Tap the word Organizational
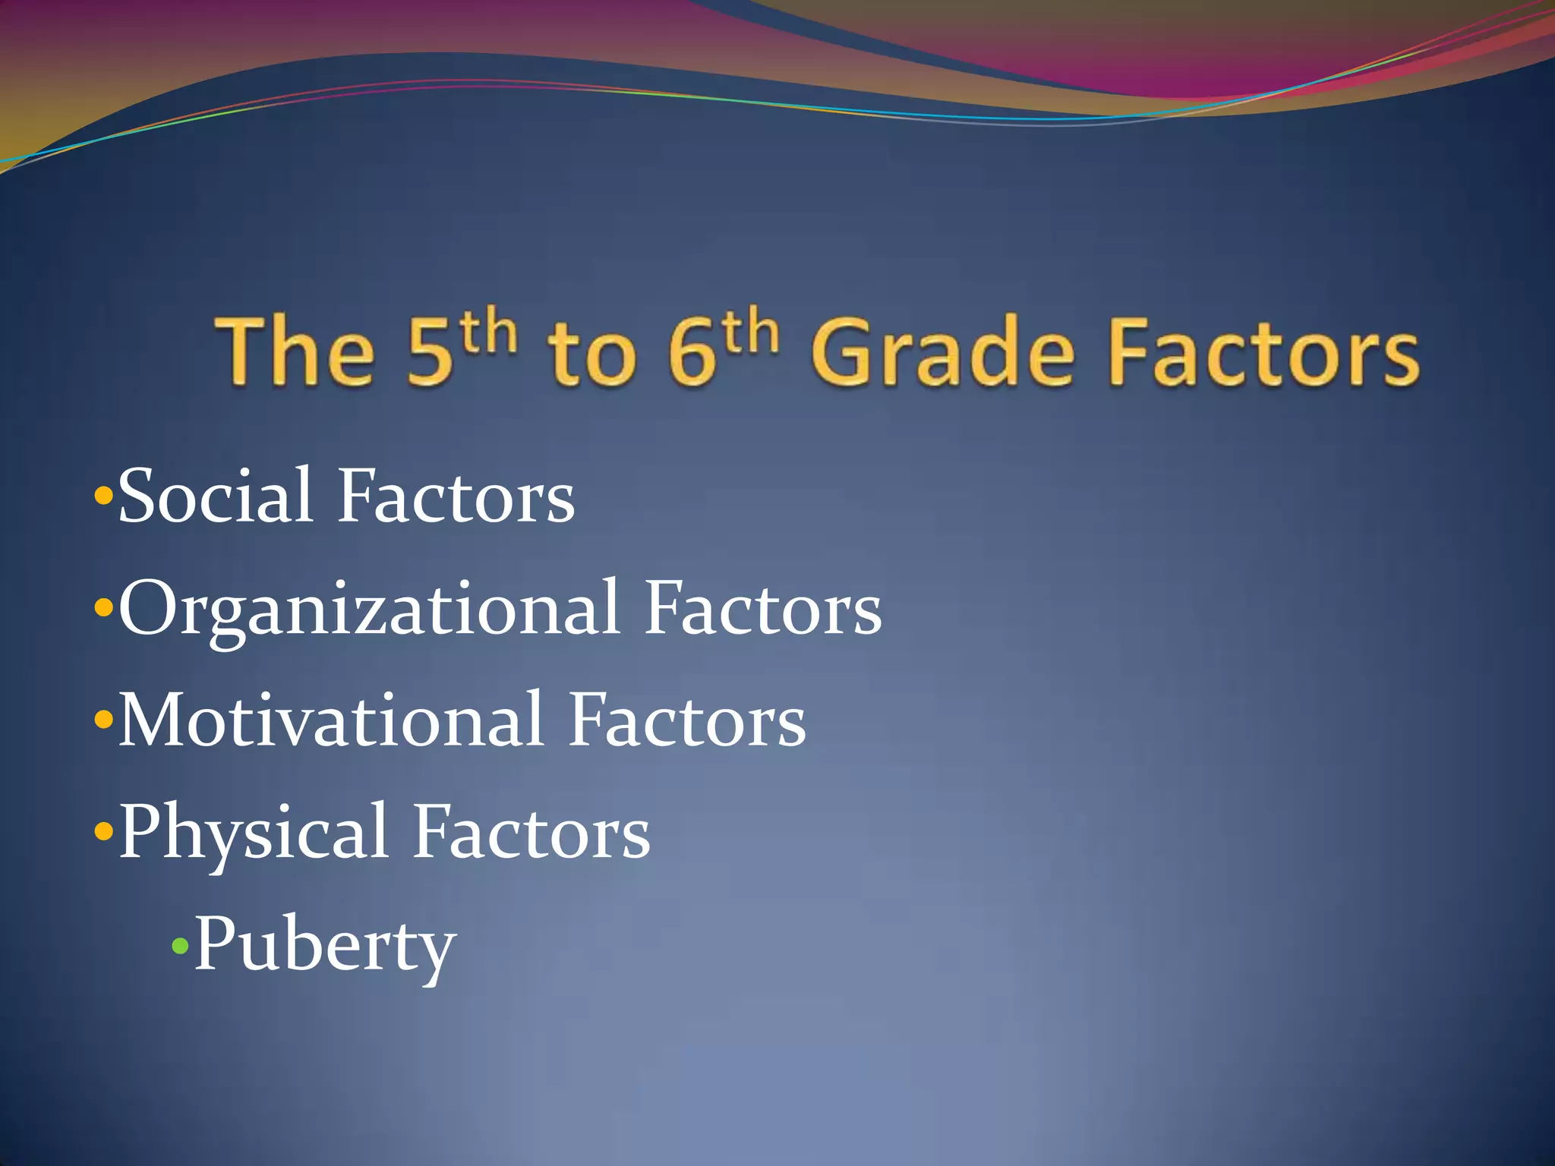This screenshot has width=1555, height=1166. [369, 609]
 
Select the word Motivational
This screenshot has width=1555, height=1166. [331, 720]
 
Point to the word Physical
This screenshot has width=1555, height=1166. [254, 833]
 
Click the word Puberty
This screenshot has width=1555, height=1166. [325, 946]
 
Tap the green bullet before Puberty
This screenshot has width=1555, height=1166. [180, 946]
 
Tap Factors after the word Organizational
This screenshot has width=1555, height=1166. [763, 609]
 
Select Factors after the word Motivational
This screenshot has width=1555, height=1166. [688, 720]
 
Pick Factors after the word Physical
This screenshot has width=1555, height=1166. [531, 833]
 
